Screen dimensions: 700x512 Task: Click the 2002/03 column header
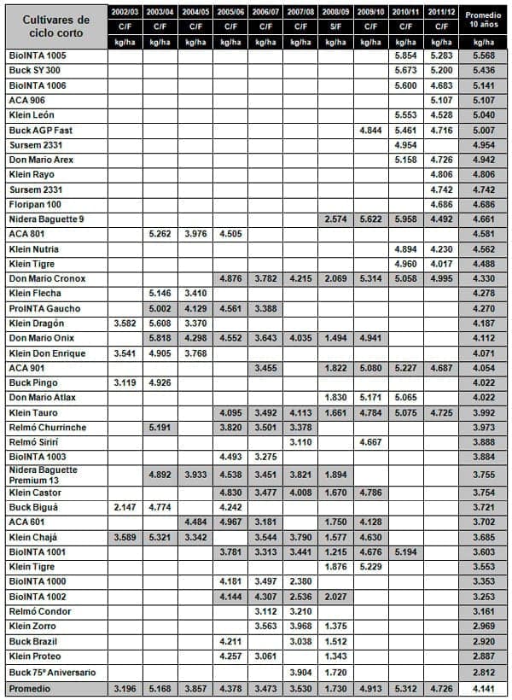(x=125, y=13)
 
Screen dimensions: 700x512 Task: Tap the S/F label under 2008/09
(x=335, y=27)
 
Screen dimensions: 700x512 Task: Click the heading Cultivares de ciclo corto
(x=55, y=26)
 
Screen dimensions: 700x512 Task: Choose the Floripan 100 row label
(x=37, y=205)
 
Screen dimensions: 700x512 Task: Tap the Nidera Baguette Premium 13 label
(x=43, y=475)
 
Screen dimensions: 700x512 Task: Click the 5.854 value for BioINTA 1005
(x=404, y=55)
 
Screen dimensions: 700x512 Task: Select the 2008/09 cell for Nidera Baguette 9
(x=335, y=219)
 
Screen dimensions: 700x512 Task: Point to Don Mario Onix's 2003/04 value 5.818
(x=160, y=339)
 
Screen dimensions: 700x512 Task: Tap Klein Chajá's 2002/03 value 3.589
(x=125, y=537)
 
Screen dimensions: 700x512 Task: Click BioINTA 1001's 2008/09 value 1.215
(x=335, y=552)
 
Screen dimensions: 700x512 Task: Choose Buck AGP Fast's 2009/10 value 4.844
(x=369, y=130)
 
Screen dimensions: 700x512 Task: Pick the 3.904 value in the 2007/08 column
(x=300, y=674)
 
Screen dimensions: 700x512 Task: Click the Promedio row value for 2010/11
(x=404, y=688)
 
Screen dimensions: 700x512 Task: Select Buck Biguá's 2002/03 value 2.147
(x=125, y=507)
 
